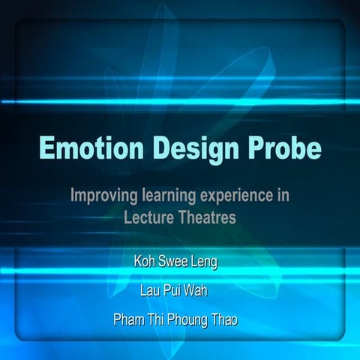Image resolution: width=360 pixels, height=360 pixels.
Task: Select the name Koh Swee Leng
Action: coord(179,263)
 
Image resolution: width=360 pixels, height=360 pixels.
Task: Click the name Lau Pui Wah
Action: coord(179,291)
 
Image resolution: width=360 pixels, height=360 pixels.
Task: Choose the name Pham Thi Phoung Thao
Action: coord(179,319)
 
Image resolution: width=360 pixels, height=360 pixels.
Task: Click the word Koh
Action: coord(145,263)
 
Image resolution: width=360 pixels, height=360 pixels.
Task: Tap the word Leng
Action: coord(211,263)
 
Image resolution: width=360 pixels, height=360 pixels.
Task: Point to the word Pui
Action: coord(180,291)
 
